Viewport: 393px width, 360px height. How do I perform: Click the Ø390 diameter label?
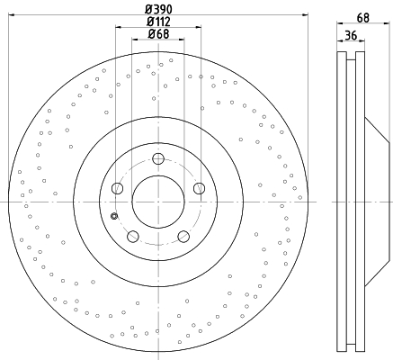(x=158, y=9)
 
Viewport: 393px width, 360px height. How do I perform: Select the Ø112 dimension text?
(x=158, y=22)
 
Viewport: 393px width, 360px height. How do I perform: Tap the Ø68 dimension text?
(x=158, y=34)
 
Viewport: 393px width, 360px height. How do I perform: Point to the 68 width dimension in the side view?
(x=363, y=18)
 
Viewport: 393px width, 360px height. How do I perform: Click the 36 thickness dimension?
(x=351, y=35)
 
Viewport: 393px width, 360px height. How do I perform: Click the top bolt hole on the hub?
(x=158, y=158)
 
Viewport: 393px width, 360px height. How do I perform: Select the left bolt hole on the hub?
(x=117, y=188)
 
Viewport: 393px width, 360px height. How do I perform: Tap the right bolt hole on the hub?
(x=199, y=188)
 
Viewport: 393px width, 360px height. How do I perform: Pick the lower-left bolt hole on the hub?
(x=133, y=237)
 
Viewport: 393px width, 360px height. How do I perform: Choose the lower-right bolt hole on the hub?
(x=183, y=237)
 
